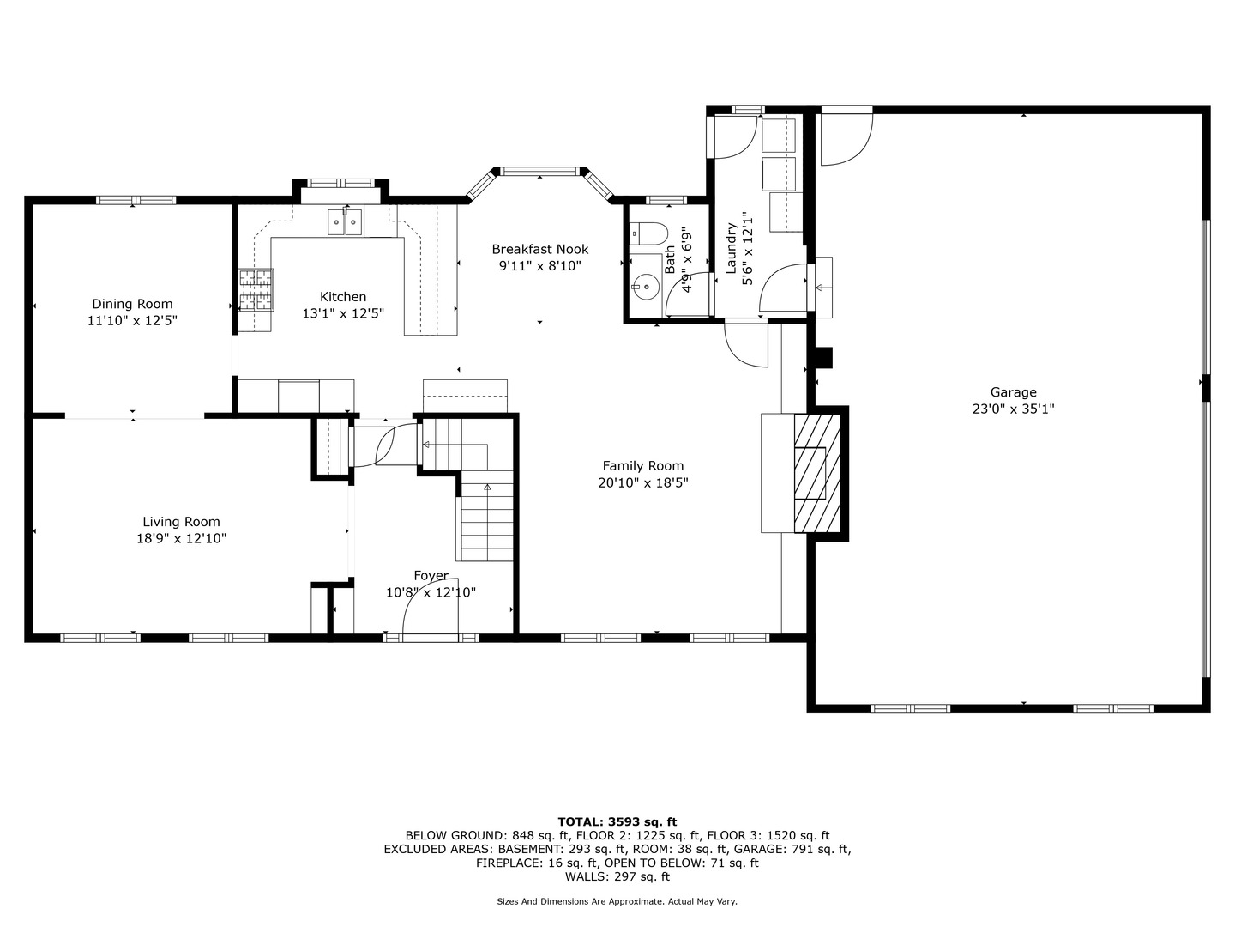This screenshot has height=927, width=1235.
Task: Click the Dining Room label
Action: click(x=132, y=304)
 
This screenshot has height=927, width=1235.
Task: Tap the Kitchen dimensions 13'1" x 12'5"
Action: click(x=343, y=313)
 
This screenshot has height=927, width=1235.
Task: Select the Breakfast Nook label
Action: click(x=540, y=249)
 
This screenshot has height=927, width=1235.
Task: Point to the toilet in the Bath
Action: click(x=648, y=233)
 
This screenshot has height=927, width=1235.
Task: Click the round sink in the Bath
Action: click(x=646, y=287)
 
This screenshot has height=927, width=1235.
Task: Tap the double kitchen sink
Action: click(x=345, y=222)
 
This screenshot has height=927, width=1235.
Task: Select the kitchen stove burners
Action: click(x=256, y=290)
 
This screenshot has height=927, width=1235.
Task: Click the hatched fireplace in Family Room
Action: click(x=817, y=473)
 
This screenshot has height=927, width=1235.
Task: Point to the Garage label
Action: click(x=1014, y=392)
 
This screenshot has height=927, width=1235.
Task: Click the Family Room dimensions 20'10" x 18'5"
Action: click(x=643, y=483)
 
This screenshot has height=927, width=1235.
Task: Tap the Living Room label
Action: click(x=181, y=522)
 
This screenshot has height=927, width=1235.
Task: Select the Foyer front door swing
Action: click(x=431, y=607)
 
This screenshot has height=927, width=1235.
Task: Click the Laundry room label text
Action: click(x=732, y=248)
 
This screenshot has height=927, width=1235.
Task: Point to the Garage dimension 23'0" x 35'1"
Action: click(x=1014, y=409)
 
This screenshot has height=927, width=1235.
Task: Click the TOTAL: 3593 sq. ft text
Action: click(x=617, y=822)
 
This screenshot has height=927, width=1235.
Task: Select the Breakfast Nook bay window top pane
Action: click(x=539, y=171)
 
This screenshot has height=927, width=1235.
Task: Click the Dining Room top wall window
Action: click(x=136, y=200)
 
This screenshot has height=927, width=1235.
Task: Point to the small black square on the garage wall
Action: click(x=824, y=358)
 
